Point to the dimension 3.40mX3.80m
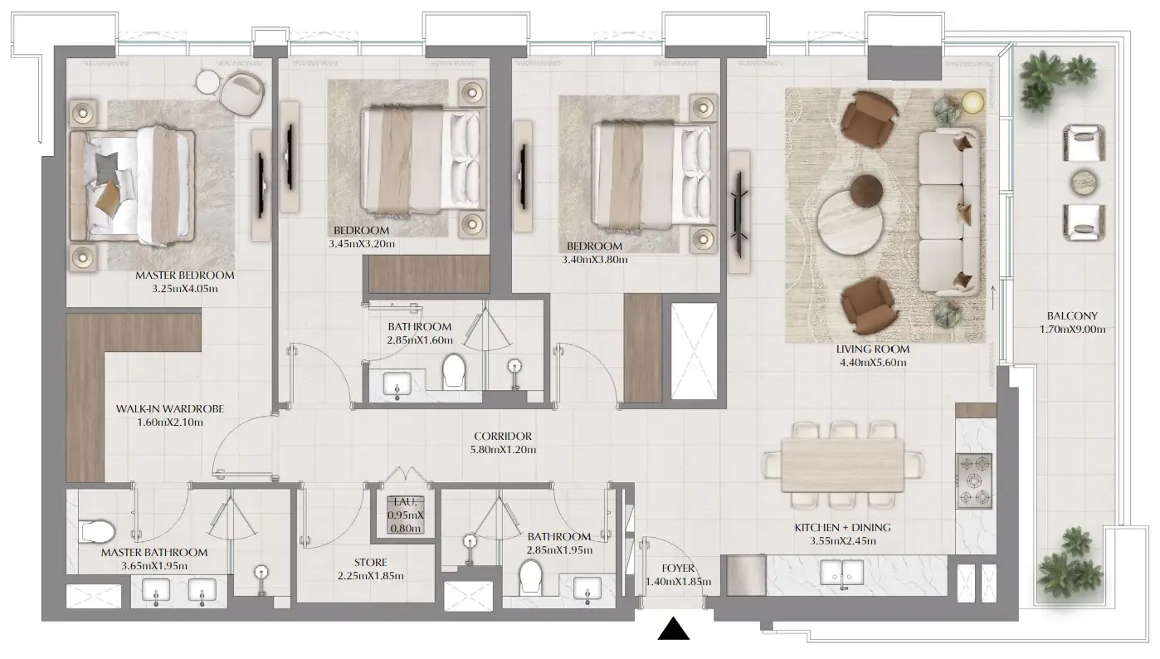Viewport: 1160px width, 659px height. (594, 260)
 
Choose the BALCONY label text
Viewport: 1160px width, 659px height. (1072, 315)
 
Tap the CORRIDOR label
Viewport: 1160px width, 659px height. (503, 437)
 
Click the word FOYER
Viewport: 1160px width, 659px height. (678, 569)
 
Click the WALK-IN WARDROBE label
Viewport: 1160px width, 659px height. (170, 408)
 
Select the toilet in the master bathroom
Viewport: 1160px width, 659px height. (98, 530)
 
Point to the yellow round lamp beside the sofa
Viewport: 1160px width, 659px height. (972, 103)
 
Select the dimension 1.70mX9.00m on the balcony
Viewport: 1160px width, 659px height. (1072, 329)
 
